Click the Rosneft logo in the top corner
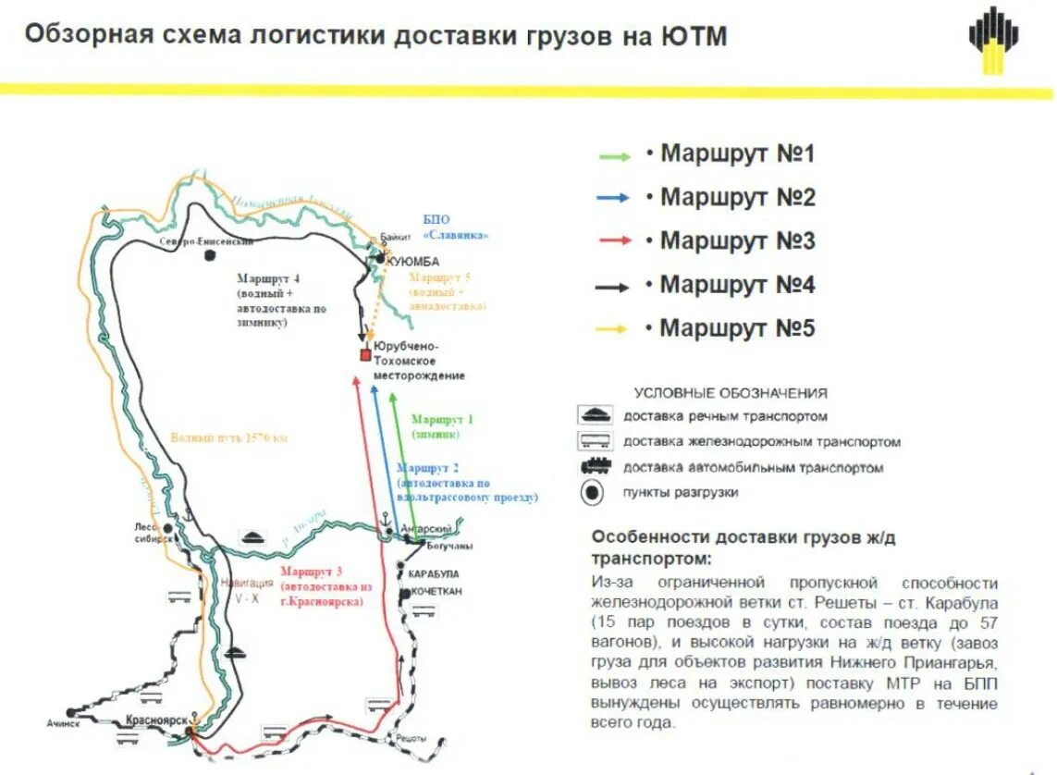[994, 39]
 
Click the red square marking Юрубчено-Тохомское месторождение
[366, 355]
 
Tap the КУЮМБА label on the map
[412, 262]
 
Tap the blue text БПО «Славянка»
[455, 228]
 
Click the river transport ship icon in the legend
[596, 414]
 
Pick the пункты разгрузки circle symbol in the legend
[593, 494]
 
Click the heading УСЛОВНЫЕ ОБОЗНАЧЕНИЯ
[731, 393]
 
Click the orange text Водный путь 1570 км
[228, 437]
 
